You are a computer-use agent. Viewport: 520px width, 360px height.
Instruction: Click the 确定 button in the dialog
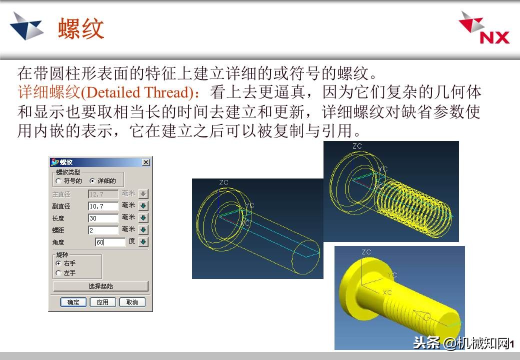[73, 302]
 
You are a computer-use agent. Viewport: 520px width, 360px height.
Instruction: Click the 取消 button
[132, 302]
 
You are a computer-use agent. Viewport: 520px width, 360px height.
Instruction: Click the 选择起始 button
[100, 286]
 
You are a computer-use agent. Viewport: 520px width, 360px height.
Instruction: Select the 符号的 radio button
[58, 181]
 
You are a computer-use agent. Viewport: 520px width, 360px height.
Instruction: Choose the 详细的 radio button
[92, 181]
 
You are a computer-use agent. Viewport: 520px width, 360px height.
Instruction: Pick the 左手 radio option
[58, 273]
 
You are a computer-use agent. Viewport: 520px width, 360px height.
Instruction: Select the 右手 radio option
[58, 263]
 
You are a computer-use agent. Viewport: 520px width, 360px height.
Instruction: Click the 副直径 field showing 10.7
[103, 206]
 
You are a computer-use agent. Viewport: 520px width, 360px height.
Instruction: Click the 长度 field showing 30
[103, 218]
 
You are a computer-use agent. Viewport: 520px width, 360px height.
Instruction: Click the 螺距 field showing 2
[103, 230]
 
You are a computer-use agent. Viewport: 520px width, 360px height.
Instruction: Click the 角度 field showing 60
[110, 242]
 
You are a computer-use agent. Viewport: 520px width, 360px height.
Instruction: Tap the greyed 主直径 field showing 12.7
[103, 194]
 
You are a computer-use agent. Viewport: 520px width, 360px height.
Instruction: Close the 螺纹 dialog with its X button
[145, 162]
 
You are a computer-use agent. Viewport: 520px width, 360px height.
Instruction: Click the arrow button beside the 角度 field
[143, 242]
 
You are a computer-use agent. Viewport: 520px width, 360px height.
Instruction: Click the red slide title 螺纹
[81, 28]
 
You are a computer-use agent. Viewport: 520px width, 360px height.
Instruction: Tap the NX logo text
[494, 37]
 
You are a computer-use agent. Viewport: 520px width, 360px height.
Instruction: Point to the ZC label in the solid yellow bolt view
[366, 252]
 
